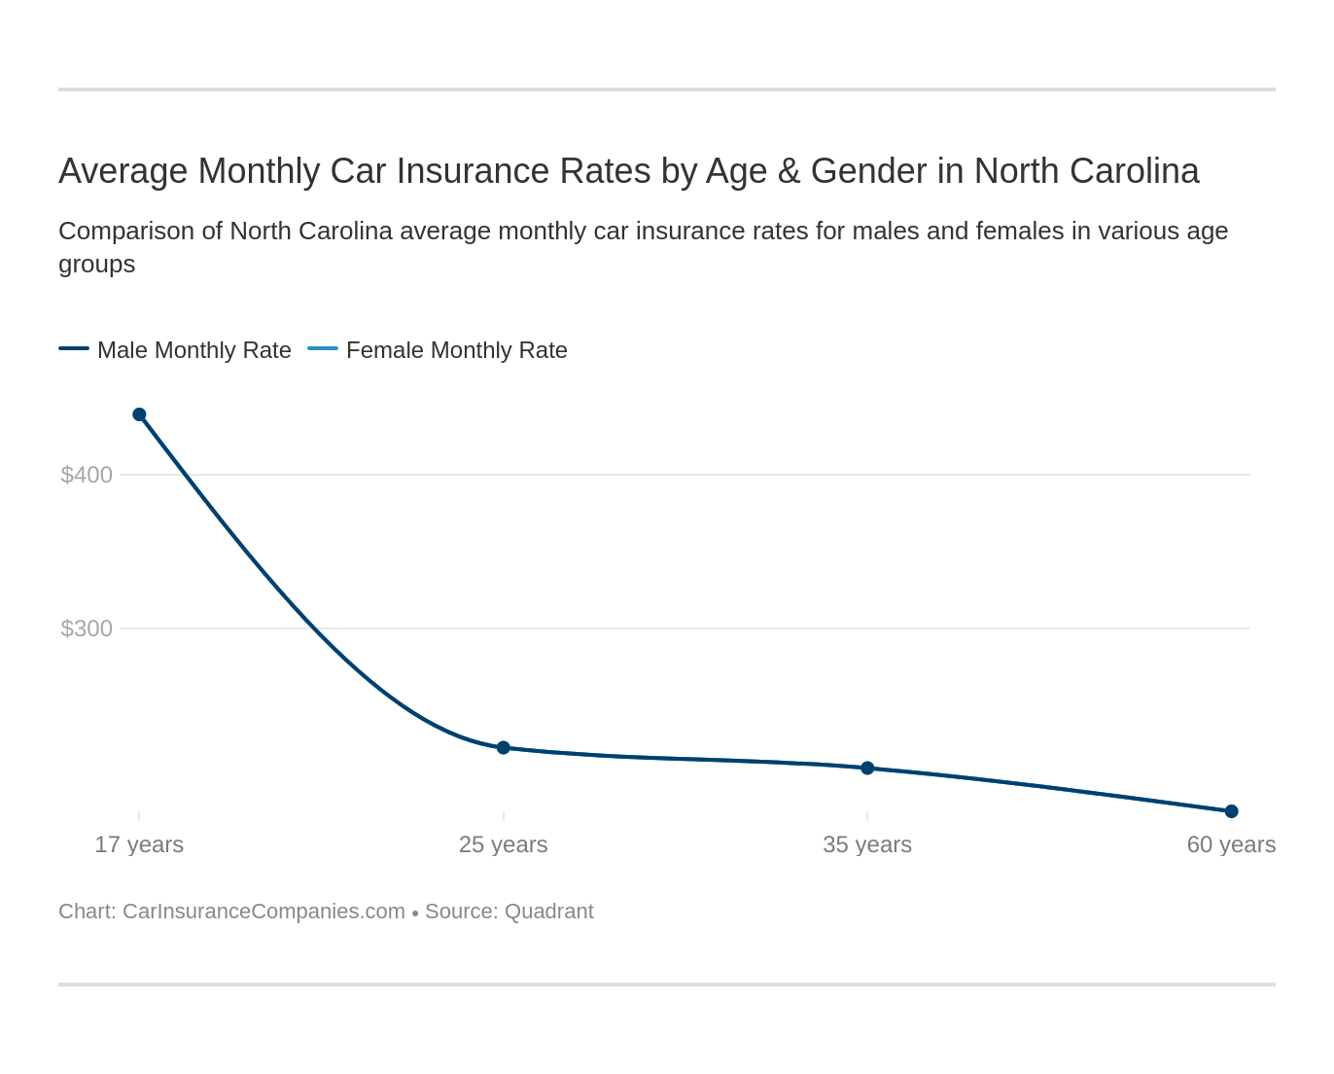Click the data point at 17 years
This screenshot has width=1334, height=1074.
[139, 414]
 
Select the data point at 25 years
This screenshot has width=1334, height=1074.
[504, 747]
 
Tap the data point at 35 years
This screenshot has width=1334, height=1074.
[867, 768]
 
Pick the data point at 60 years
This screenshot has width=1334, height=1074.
[1231, 811]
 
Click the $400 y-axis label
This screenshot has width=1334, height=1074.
[87, 475]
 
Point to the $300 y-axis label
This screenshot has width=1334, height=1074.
[87, 628]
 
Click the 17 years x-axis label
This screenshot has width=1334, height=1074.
[139, 844]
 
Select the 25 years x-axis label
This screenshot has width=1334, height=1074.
[503, 844]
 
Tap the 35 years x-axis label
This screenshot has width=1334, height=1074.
[867, 844]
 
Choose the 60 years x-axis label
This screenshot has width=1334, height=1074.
[1231, 844]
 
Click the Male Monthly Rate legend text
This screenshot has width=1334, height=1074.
[194, 350]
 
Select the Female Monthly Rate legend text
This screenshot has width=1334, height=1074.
[456, 350]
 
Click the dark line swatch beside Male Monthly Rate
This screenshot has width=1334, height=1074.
[74, 348]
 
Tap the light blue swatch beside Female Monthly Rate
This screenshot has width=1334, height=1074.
[323, 348]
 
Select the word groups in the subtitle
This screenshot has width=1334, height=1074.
[96, 265]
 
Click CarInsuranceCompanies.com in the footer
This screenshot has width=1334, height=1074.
[263, 912]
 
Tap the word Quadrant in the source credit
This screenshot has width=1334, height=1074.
[548, 912]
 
